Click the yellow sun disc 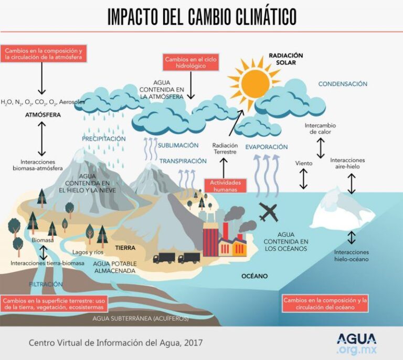click(255, 82)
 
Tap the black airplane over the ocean click(268, 212)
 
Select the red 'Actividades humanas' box click(225, 186)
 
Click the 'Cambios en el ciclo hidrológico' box click(190, 62)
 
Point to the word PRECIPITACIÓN click(104, 139)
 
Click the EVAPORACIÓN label click(266, 147)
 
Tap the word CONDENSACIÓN click(343, 84)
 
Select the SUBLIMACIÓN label click(178, 145)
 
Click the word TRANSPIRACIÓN click(183, 161)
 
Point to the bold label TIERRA click(125, 248)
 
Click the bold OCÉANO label click(254, 276)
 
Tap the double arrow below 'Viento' click(303, 179)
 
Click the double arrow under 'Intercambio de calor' click(321, 148)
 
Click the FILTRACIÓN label click(46, 284)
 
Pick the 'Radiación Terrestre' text click(225, 149)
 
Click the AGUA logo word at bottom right click(356, 339)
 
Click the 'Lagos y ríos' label click(88, 252)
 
